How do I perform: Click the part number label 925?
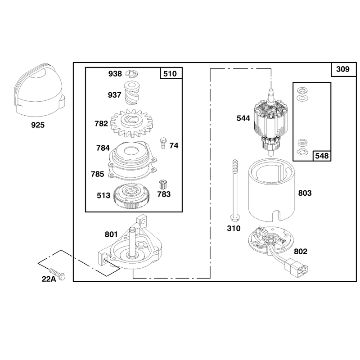[x=38, y=125]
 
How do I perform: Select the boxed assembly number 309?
[x=343, y=69]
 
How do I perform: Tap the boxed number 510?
[x=170, y=74]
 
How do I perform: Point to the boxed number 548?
[x=322, y=156]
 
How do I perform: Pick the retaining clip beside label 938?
[x=132, y=73]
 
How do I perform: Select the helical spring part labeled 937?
[x=131, y=93]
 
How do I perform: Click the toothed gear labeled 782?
[x=132, y=123]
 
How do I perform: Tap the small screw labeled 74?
[x=163, y=143]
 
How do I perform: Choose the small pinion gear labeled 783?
[x=163, y=185]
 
